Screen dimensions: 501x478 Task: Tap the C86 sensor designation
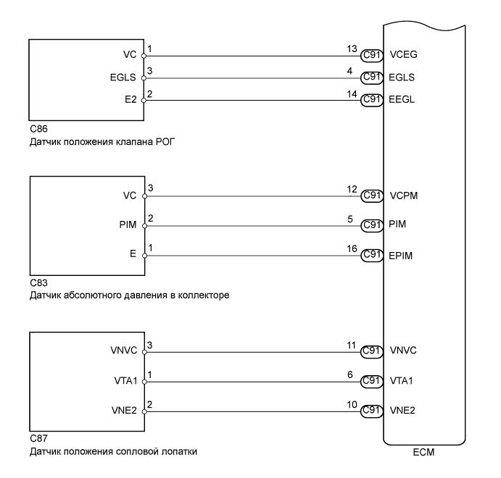pos(36,128)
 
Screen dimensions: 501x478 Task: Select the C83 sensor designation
pos(36,284)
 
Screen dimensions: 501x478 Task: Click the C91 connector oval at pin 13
pos(372,54)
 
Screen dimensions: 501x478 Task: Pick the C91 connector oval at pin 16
pos(372,254)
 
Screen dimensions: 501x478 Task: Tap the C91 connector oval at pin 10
pos(372,410)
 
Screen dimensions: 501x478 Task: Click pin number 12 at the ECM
pos(353,190)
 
